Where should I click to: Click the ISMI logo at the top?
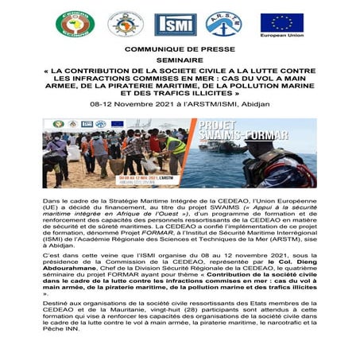pos(176,25)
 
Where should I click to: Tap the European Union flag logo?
pos(281,22)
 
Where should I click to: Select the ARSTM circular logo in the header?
pos(225,24)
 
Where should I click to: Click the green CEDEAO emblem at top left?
pos(75,24)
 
